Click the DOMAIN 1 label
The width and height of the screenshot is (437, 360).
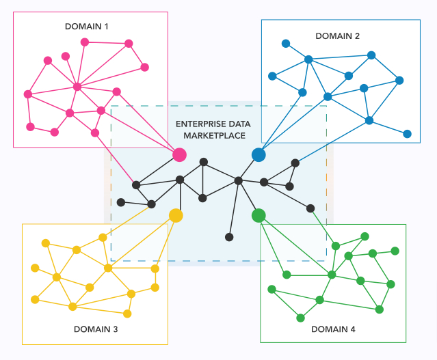point(86,27)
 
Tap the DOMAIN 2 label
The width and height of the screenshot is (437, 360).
point(338,36)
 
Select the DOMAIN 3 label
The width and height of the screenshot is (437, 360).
point(96,329)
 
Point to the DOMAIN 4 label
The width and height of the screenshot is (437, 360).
point(333,329)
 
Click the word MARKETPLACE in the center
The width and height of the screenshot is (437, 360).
point(213,135)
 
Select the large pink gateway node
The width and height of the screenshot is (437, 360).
point(179,155)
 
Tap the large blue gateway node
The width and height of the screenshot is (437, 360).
point(259,155)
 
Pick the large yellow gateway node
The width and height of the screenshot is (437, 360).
point(176,215)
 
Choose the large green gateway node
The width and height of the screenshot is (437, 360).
point(259,216)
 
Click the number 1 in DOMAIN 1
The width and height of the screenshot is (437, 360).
point(106,27)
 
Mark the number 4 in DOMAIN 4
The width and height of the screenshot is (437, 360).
point(353,329)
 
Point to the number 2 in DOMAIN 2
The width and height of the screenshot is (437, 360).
point(357,36)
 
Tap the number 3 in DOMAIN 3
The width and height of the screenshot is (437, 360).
point(115,329)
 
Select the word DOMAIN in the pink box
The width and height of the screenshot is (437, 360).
point(82,27)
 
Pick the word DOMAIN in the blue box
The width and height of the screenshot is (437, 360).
point(333,36)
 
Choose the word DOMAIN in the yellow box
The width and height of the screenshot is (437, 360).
point(91,329)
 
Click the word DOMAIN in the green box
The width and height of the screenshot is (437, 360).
point(328,329)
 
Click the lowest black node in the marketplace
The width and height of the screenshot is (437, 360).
point(229,237)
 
